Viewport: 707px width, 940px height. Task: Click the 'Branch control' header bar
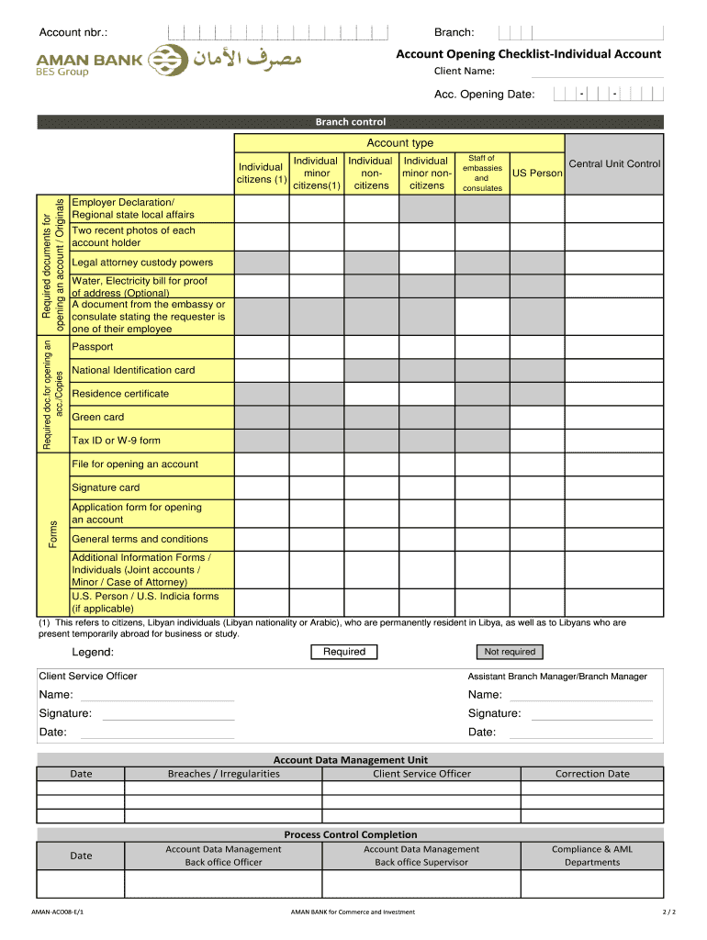350,122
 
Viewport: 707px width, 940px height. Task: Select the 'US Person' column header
537,173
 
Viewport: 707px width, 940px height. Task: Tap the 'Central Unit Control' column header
614,164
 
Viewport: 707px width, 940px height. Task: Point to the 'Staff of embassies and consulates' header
482,173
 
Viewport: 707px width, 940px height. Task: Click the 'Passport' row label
93,347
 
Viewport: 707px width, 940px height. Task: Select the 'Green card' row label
97,417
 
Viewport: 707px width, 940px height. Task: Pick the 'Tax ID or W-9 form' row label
116,441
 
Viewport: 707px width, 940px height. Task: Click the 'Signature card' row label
106,487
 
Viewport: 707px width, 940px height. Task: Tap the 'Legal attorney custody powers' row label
142,263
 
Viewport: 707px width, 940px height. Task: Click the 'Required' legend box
344,652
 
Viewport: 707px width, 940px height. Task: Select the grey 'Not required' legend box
510,652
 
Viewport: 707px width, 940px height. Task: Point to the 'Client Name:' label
465,72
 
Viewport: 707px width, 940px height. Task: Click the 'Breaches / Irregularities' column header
223,774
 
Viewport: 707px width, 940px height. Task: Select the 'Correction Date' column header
592,774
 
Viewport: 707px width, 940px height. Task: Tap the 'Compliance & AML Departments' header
592,856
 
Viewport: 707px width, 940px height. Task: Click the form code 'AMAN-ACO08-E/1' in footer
62,912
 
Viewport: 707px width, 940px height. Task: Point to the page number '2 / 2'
668,912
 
